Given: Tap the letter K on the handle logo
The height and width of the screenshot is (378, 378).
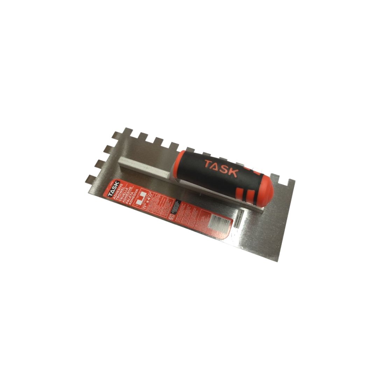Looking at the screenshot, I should (233, 172).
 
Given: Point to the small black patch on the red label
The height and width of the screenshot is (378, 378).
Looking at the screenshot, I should (176, 205).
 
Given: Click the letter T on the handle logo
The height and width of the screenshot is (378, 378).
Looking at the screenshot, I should (208, 164).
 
